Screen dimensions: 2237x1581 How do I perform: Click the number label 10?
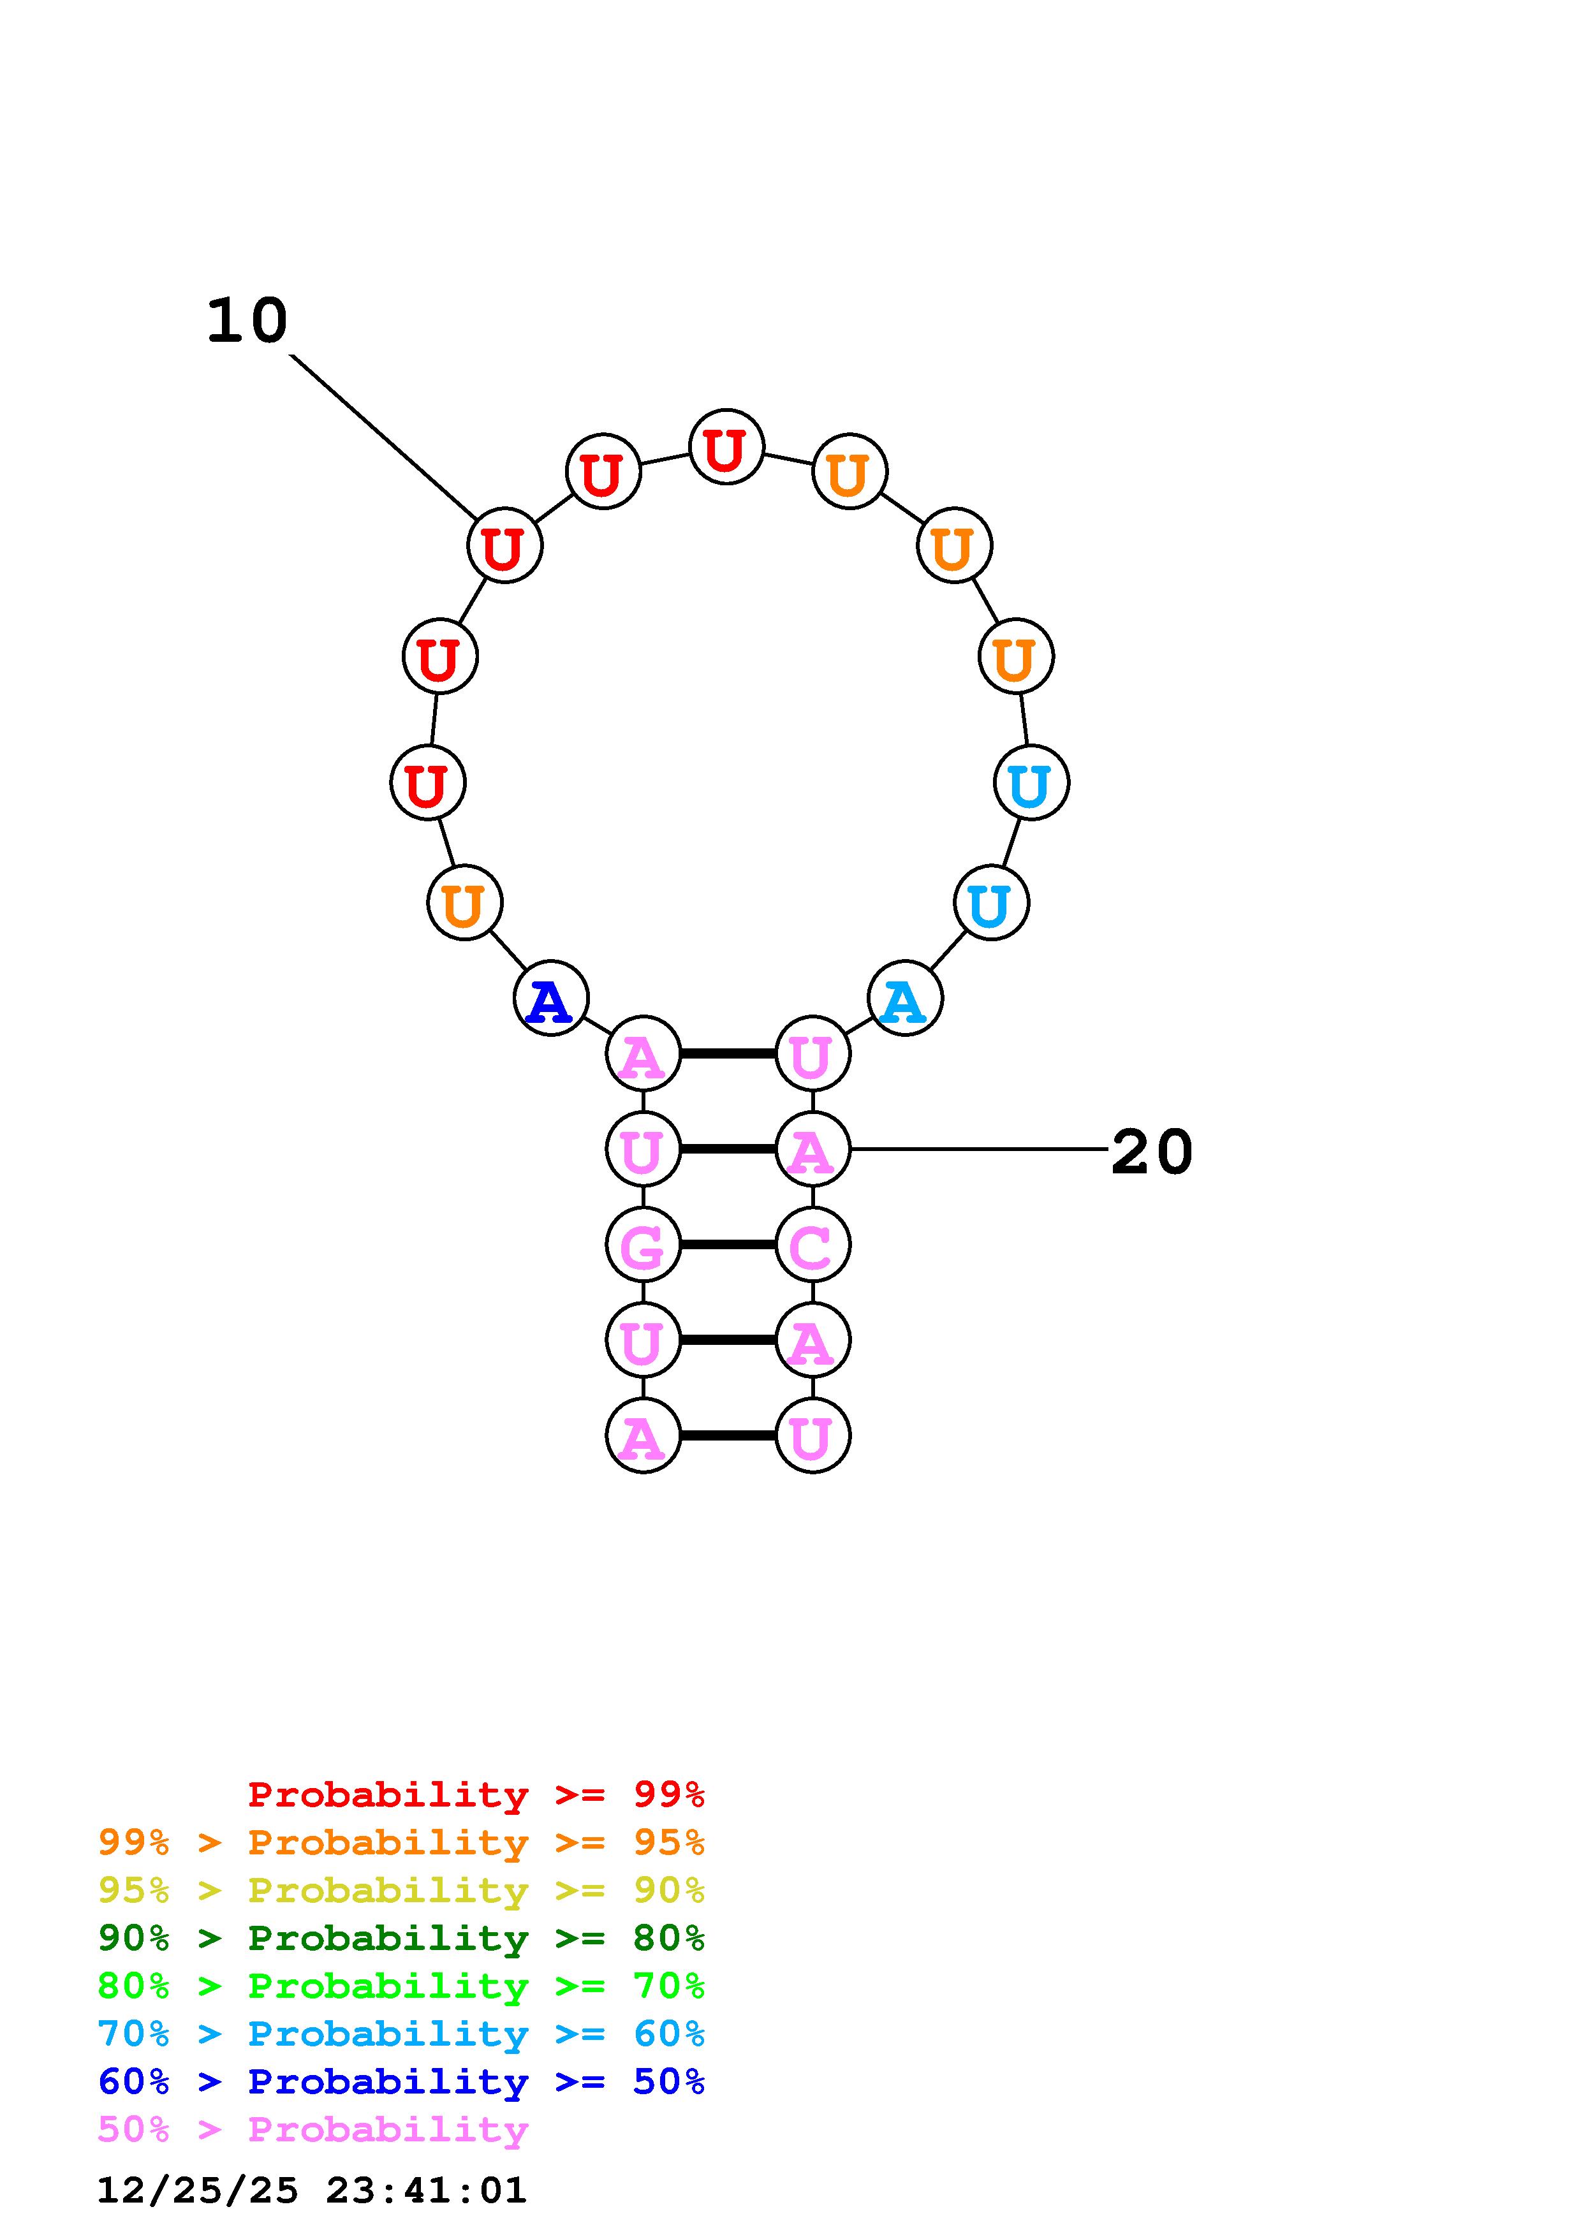tap(247, 321)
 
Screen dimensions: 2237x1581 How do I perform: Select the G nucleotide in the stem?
tap(642, 1245)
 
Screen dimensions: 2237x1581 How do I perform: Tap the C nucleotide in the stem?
tap(813, 1245)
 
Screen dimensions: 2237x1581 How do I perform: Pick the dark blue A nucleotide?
tap(550, 999)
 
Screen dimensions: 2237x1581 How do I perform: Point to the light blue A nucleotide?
tap(905, 999)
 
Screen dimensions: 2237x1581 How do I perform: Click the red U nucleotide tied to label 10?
tap(504, 546)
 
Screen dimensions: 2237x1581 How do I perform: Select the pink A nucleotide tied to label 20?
tap(813, 1150)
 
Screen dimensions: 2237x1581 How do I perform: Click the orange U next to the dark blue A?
tap(465, 903)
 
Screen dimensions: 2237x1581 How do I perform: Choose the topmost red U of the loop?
tap(726, 447)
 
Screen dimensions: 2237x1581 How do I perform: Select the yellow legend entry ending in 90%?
tap(401, 1889)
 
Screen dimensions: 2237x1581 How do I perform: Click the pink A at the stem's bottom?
tap(642, 1436)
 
